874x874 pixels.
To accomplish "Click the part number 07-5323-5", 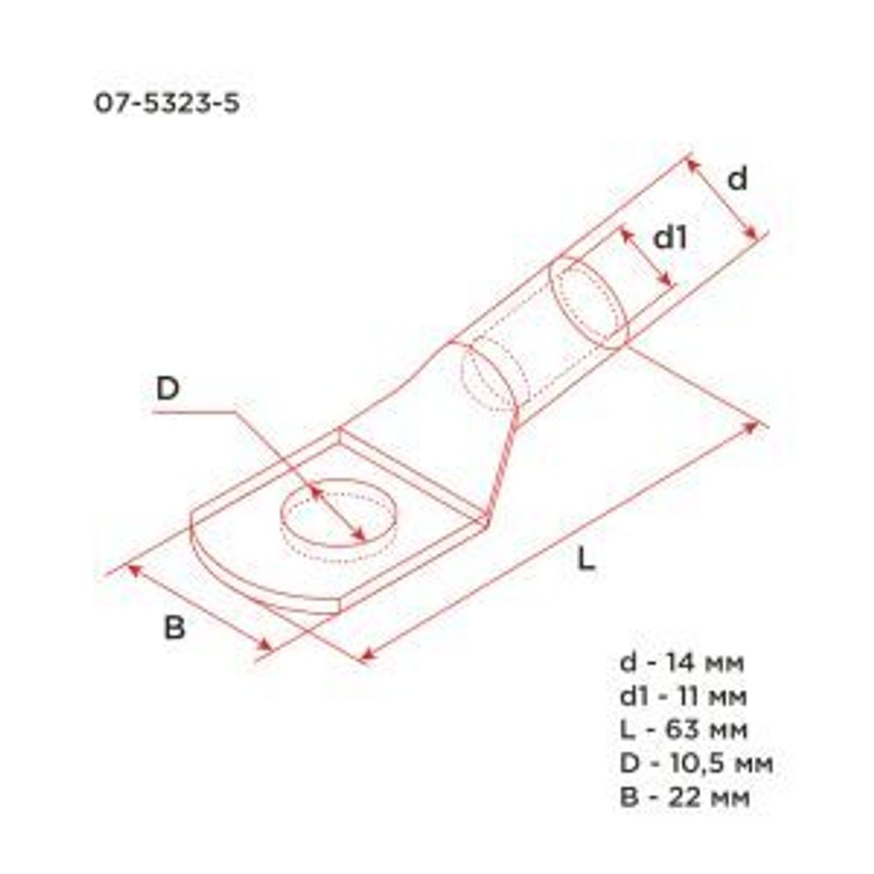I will [x=166, y=104].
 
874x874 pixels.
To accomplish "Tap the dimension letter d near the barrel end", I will [x=738, y=179].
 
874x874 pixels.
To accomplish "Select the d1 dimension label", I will [x=670, y=238].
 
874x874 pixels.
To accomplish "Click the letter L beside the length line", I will [x=586, y=558].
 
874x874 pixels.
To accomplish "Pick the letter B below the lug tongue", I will [x=175, y=627].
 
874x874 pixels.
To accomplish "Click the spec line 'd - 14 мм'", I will [x=682, y=663].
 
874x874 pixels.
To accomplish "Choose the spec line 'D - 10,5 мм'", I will [x=696, y=763].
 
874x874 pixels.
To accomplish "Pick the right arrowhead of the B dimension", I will [x=267, y=648].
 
